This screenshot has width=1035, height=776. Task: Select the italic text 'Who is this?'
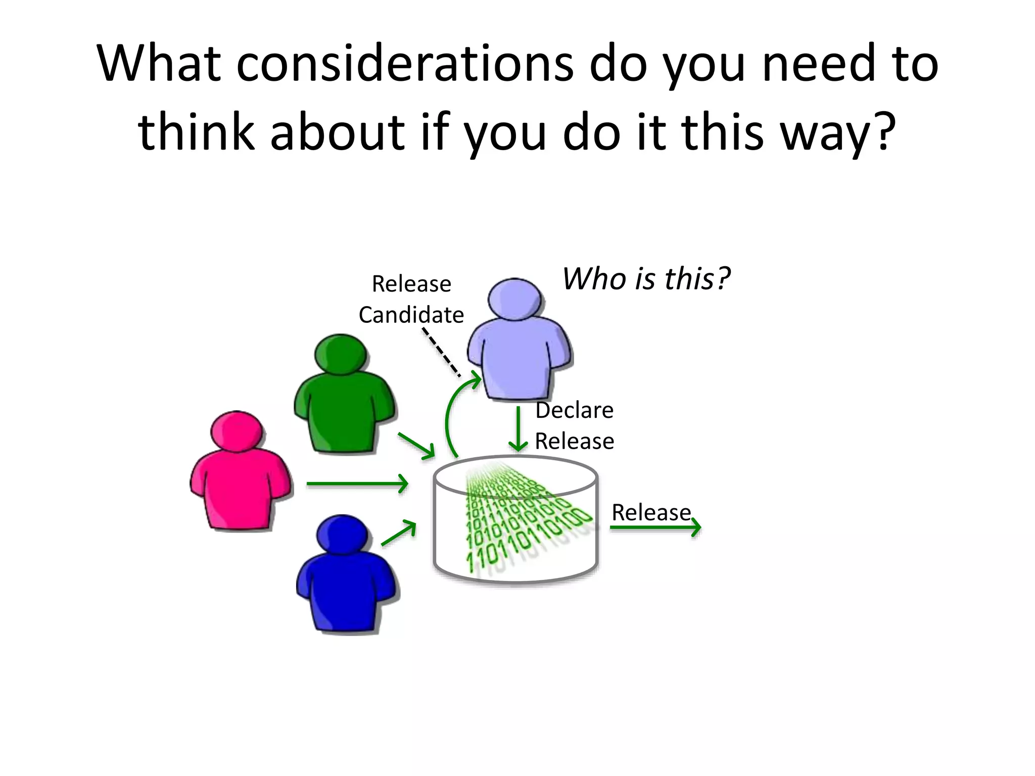(x=646, y=278)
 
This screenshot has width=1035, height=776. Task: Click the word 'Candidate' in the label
(x=411, y=315)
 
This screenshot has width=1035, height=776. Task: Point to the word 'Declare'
(x=574, y=410)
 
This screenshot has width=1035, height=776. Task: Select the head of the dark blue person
(x=343, y=535)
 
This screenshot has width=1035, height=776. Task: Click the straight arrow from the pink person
(x=357, y=483)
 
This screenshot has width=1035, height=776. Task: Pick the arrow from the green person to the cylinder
(x=416, y=446)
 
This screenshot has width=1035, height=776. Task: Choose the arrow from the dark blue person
(x=399, y=533)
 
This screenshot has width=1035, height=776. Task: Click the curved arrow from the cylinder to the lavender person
(x=451, y=414)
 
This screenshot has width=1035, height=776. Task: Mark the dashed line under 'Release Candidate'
(x=441, y=352)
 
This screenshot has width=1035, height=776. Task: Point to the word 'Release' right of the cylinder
(x=651, y=512)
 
